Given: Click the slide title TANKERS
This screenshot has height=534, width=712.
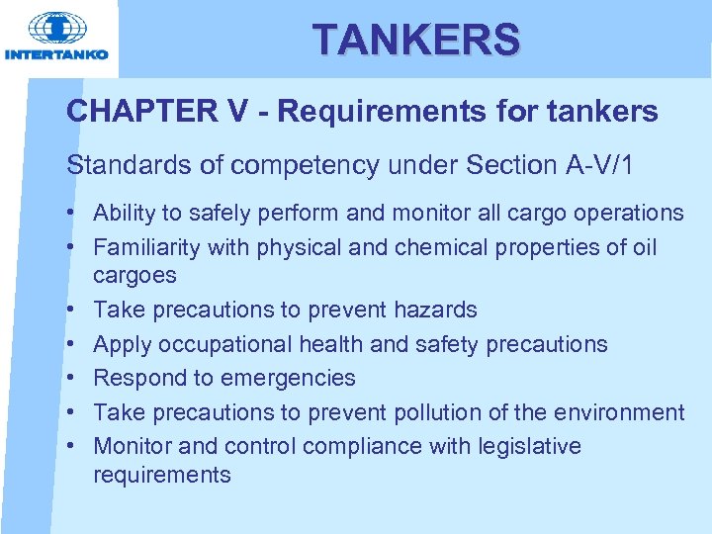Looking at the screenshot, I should click(415, 40).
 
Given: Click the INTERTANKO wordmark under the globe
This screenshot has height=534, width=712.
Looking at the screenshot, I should click(56, 54).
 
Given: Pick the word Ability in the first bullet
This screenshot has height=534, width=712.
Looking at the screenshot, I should click(122, 213).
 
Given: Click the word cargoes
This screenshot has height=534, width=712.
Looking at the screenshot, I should click(134, 275).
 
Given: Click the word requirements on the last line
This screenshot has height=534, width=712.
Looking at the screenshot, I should click(161, 475).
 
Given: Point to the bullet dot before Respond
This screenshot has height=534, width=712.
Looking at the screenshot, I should click(74, 378).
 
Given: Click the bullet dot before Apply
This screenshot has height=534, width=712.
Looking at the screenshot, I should click(74, 344).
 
